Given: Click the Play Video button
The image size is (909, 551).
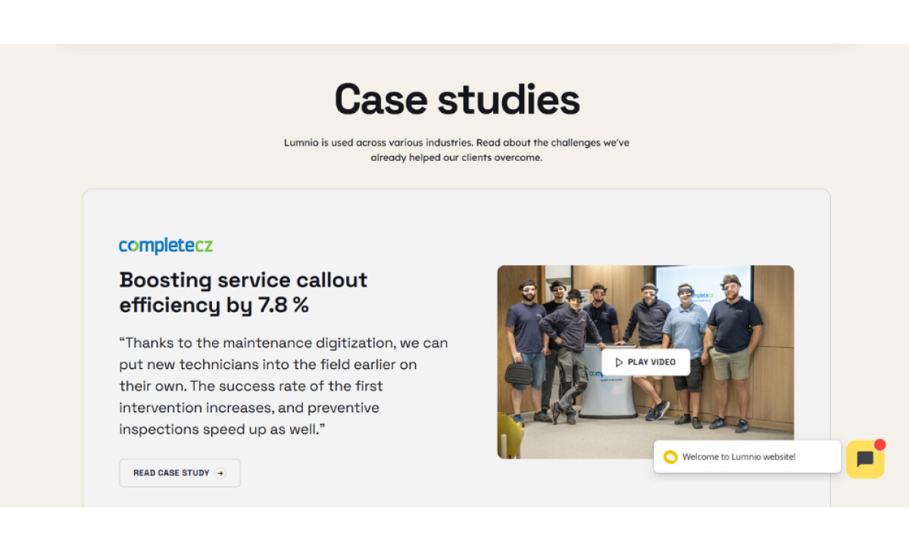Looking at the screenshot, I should click(x=645, y=362).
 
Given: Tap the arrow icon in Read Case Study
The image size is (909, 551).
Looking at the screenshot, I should click(x=220, y=473).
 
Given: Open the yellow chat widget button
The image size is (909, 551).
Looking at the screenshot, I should click(x=865, y=459).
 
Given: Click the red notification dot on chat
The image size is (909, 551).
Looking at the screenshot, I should click(x=879, y=445).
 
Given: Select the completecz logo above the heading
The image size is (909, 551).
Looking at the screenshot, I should click(x=166, y=246).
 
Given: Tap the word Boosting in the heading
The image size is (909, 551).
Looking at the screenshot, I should click(x=165, y=280).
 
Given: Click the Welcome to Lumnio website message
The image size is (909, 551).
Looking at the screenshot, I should click(x=739, y=457).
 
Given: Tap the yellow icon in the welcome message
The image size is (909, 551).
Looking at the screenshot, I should click(x=670, y=457).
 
